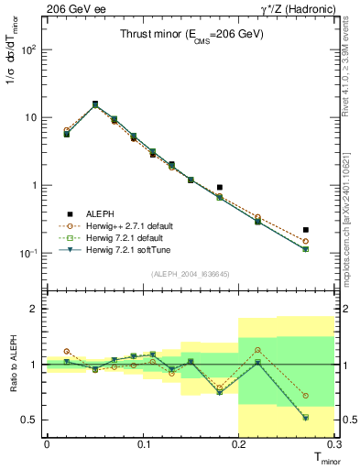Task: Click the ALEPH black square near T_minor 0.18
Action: pos(220,187)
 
